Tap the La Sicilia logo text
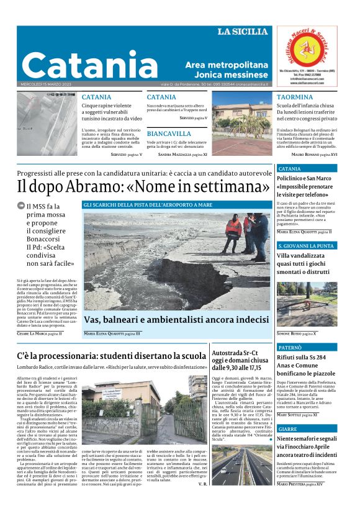244,32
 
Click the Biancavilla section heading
169,133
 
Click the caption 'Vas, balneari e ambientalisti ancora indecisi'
176,319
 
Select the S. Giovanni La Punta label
306,246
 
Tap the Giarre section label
287,429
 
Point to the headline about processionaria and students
111,356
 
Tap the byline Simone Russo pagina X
297,333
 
